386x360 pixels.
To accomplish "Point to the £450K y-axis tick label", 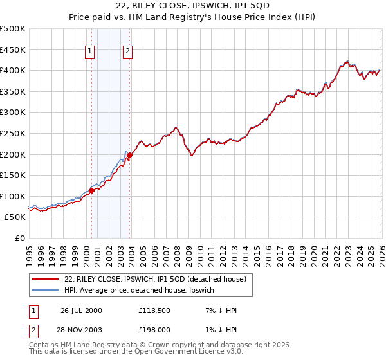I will click(13, 50).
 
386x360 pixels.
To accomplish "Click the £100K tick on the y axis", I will click(13, 196).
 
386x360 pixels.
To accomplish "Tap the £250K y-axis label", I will click(13, 133).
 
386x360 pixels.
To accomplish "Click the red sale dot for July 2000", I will click(91, 190).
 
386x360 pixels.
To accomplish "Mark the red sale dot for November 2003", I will click(130, 155).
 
